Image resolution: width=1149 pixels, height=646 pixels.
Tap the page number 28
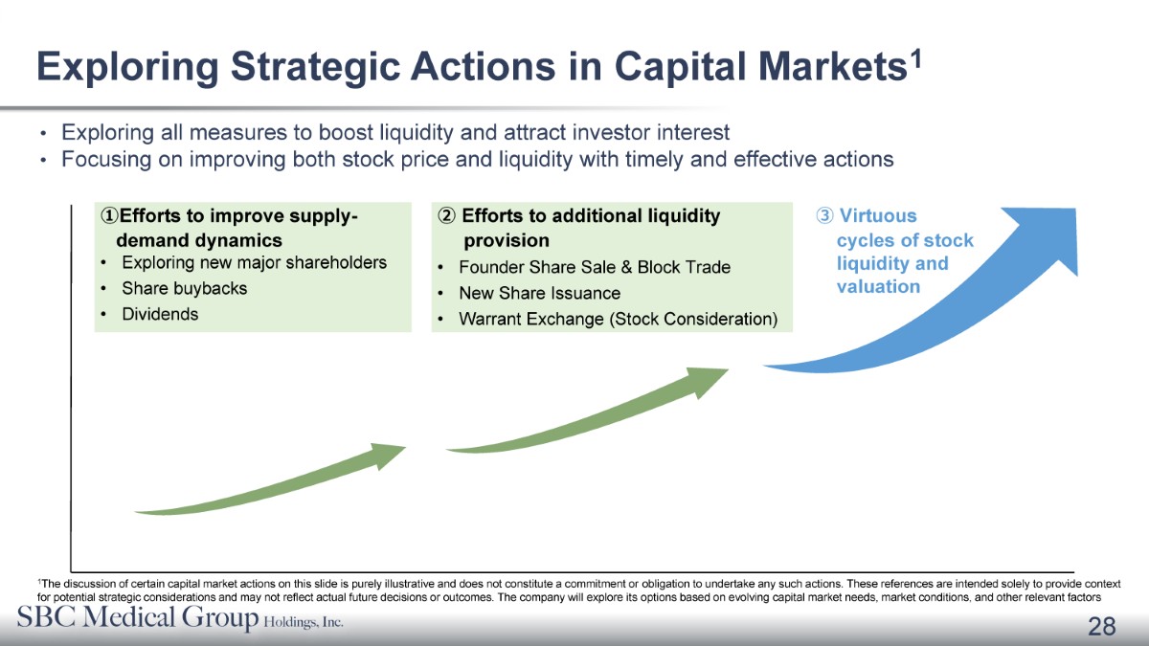tap(1102, 627)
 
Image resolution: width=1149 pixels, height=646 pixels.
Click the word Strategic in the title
tap(315, 67)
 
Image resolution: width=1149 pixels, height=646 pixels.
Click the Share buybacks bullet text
tap(185, 289)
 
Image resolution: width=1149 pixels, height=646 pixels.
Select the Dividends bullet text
tap(160, 314)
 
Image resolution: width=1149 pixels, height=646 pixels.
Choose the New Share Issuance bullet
tap(540, 293)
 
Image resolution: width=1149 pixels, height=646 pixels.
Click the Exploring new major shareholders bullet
tap(255, 262)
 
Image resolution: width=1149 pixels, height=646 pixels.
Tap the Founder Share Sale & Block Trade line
tap(595, 267)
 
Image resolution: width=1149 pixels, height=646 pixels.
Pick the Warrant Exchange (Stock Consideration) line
tap(619, 320)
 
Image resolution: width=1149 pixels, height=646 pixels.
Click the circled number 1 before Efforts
tap(109, 216)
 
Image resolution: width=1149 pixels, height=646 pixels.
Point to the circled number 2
tap(446, 216)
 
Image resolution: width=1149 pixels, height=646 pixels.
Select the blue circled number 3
tap(824, 216)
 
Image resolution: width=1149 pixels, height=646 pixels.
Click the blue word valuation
tap(878, 286)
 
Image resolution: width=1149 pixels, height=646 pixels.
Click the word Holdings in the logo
tap(287, 622)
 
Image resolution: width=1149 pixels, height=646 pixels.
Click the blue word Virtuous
tap(878, 216)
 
